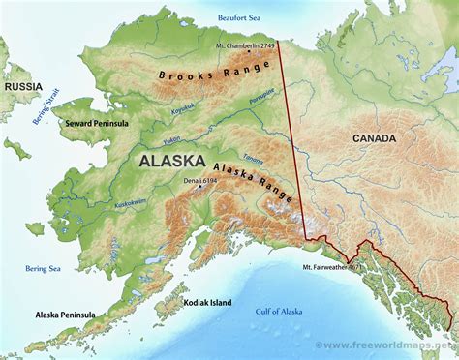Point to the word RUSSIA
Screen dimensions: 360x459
coord(25,86)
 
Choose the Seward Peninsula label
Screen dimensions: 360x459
coord(95,124)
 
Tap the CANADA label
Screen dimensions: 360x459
coord(373,138)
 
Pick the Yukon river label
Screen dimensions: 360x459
coord(172,138)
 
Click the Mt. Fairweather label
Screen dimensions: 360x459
coord(329,266)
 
